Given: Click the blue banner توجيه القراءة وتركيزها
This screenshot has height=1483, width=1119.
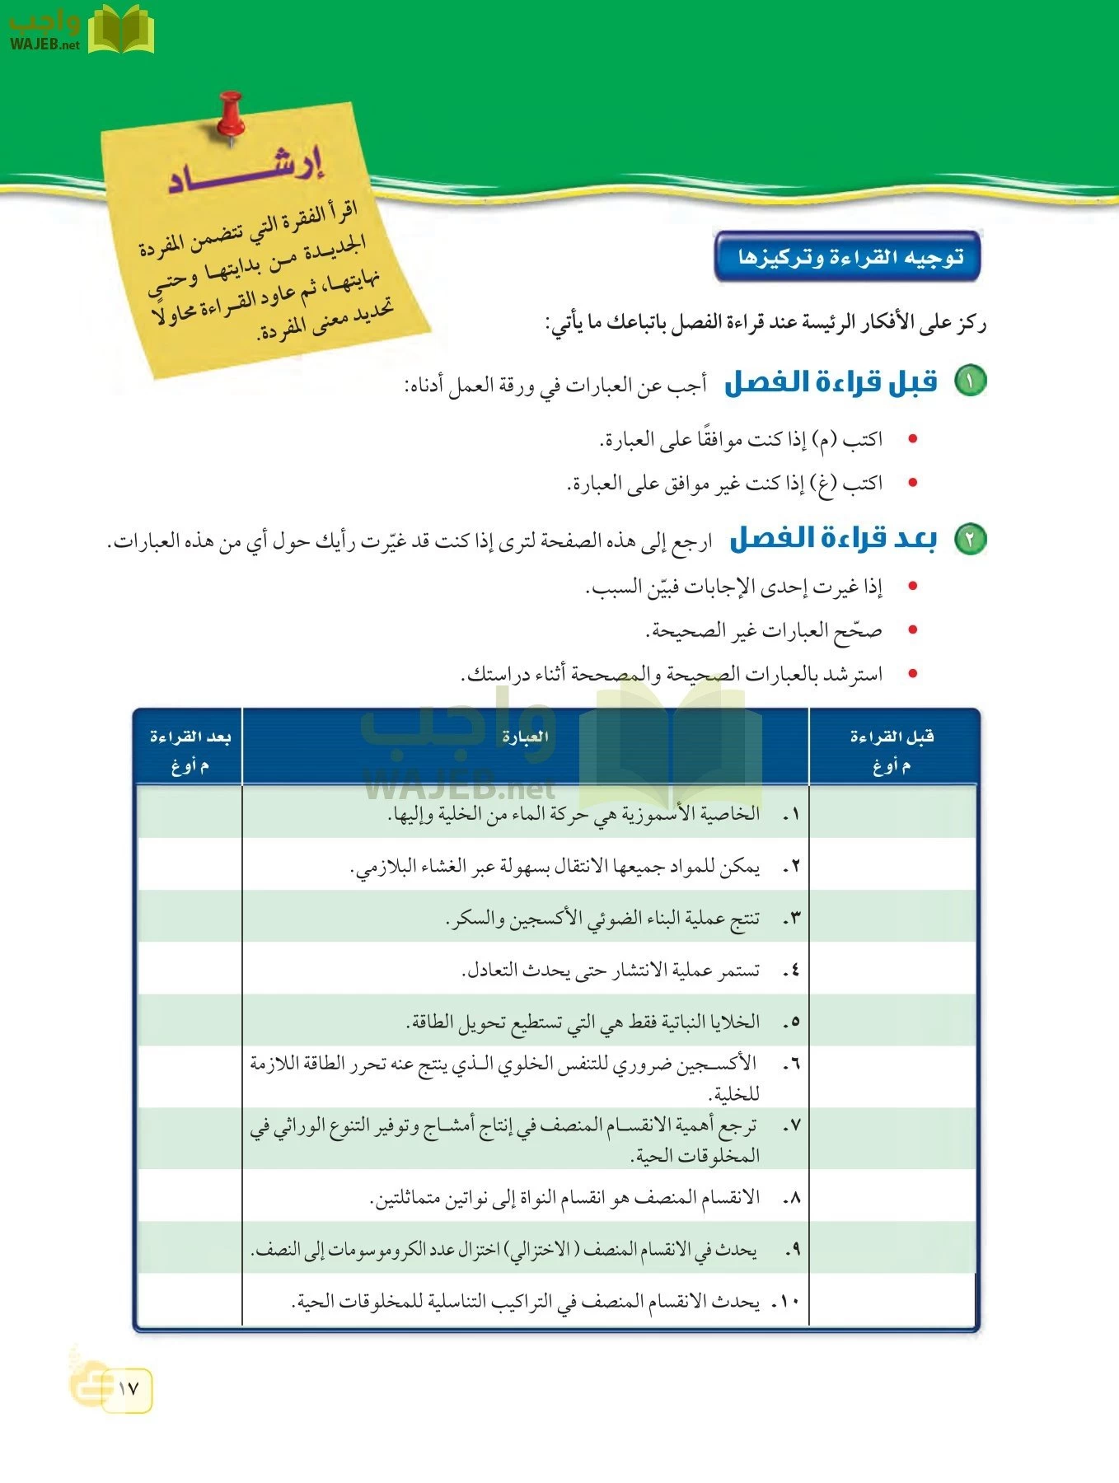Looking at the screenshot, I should coord(848,257).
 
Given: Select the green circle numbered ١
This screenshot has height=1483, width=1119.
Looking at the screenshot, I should coord(970,381).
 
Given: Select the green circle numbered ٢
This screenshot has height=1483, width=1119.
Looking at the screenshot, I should coord(970,539).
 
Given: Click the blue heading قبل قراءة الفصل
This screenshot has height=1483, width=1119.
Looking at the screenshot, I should coord(831,382).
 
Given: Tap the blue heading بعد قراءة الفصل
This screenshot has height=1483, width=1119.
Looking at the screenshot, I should coord(833,539).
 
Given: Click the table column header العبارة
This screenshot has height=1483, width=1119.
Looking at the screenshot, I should coord(525,737).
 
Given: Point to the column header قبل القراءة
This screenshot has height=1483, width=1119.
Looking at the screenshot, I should coord(892,737).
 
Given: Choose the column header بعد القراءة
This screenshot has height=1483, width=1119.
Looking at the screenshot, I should coord(190,737).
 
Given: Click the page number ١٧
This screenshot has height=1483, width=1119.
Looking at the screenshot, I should coord(129,1388).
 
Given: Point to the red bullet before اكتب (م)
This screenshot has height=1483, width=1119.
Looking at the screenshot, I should coord(912,439).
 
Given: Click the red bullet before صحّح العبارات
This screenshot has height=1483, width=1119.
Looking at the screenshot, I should coord(912,631).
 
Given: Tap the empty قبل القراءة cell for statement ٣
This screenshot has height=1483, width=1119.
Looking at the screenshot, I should coord(892,918).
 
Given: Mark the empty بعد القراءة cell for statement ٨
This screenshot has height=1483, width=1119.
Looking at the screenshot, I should coord(190,1197).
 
